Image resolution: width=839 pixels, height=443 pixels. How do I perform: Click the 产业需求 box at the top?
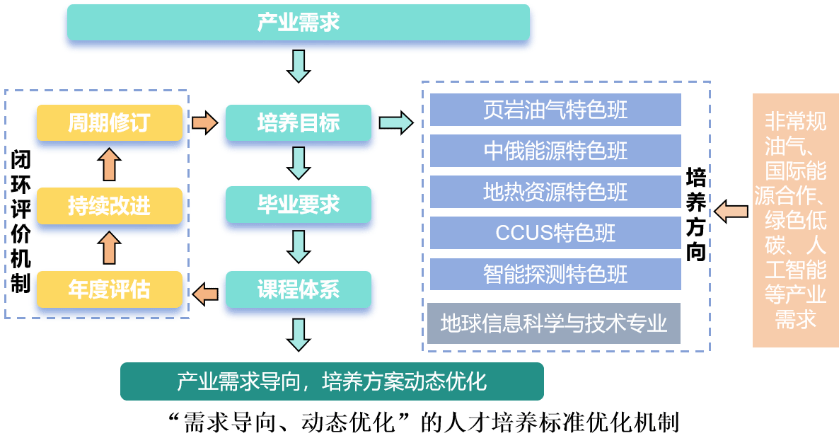298,23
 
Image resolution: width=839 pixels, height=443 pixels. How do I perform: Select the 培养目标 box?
298,123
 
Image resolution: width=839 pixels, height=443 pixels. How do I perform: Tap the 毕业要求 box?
298,205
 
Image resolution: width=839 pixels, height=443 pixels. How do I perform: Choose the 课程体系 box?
298,289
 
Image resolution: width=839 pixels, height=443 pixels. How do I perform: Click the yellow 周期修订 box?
109,123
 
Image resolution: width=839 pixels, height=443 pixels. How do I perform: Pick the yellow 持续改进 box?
109,206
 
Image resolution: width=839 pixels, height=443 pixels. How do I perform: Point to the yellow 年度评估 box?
109,289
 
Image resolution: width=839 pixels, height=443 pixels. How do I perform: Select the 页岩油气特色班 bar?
555,110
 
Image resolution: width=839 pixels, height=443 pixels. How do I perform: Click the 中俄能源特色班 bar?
555,151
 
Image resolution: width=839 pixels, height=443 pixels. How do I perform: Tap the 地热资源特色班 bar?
555,192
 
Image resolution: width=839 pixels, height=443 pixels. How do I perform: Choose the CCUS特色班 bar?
555,233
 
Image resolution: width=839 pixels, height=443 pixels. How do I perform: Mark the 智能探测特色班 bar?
555,274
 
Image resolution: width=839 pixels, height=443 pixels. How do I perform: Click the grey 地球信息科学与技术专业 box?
554,323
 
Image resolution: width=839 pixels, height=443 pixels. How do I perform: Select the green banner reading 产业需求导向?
332,381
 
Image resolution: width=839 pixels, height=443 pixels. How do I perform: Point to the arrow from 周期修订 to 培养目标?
204,123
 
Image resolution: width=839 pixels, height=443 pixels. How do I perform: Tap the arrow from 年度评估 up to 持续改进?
109,248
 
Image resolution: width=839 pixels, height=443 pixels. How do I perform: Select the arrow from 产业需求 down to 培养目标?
299,66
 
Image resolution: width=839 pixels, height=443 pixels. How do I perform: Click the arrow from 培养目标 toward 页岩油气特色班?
395,122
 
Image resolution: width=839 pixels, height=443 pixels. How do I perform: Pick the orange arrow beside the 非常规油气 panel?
731,211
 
